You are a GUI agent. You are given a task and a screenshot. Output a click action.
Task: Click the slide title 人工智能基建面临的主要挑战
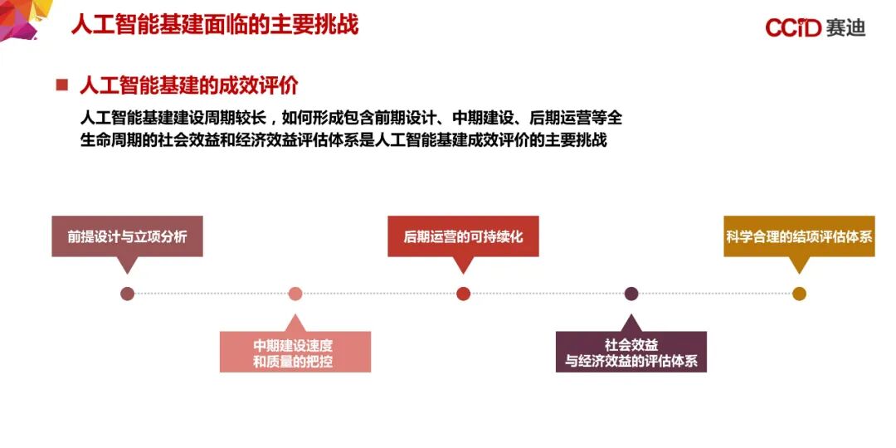(215, 24)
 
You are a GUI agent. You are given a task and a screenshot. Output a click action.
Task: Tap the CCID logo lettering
(792, 28)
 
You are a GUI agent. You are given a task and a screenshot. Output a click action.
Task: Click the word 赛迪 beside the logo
(846, 28)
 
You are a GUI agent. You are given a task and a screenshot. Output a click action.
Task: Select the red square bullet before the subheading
(61, 85)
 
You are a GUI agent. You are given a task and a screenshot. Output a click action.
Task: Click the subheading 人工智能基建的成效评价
(188, 85)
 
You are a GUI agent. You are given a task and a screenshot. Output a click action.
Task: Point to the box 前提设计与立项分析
(127, 236)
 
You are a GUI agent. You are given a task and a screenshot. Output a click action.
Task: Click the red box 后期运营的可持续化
(463, 236)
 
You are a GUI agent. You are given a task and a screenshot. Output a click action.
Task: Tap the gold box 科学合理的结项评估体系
(799, 236)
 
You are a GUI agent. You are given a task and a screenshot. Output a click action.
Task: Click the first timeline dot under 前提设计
(127, 294)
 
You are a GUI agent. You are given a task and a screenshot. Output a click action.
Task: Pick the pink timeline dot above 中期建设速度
(295, 294)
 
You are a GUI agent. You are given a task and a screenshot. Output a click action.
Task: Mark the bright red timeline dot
(463, 294)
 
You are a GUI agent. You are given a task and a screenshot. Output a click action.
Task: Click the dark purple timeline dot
(631, 294)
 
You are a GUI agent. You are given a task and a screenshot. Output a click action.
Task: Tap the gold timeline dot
(799, 294)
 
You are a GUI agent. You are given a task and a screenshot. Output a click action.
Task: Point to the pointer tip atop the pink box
(295, 318)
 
